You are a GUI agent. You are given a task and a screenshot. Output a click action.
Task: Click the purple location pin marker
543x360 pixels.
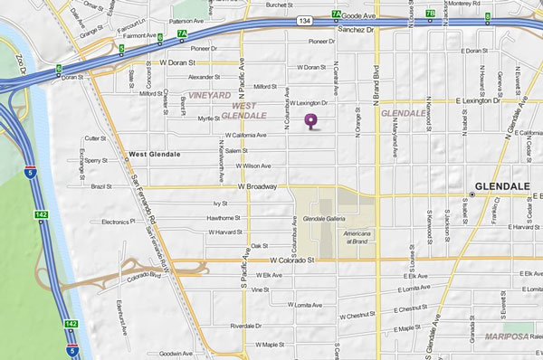(312, 120)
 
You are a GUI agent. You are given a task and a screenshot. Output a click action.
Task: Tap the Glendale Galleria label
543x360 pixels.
(325, 221)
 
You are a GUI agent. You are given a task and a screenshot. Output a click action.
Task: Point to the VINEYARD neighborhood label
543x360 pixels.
(210, 94)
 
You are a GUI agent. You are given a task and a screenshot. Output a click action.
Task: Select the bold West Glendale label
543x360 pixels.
(155, 154)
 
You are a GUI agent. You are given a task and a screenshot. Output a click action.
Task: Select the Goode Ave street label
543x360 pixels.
(358, 14)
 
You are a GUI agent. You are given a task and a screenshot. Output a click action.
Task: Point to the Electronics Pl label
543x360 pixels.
(118, 221)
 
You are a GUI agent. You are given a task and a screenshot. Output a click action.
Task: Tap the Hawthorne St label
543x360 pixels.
(224, 218)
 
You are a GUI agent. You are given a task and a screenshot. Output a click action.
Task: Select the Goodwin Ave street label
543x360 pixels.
(176, 354)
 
